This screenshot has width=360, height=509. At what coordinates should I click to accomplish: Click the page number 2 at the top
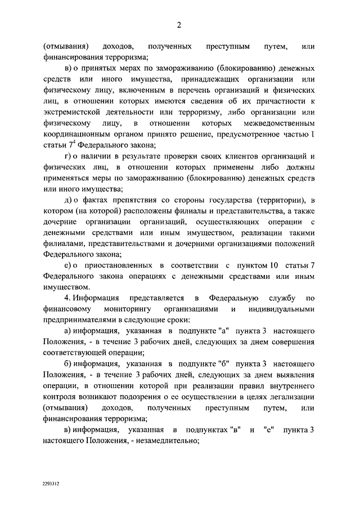coord(179,24)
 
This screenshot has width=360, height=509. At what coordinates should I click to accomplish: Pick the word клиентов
coord(238,156)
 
